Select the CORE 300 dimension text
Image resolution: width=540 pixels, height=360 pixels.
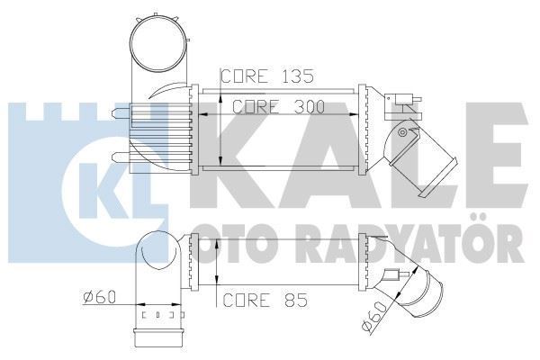tap(278, 105)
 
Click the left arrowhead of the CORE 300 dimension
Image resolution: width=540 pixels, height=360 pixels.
tap(203, 114)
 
